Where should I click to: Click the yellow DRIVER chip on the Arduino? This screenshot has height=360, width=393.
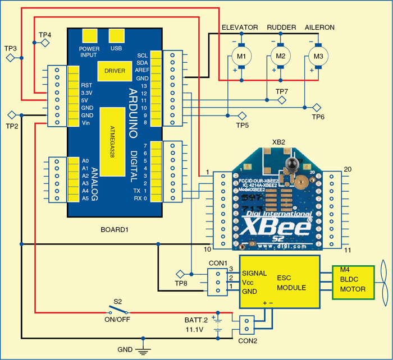(x=115, y=71)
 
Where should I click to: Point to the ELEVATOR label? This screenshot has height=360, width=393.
(x=240, y=27)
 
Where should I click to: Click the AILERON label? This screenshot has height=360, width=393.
(x=319, y=27)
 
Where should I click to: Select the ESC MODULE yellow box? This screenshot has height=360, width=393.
(x=280, y=281)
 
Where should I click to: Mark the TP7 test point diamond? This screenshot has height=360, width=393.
(x=282, y=100)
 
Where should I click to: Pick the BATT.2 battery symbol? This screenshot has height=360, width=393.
(x=218, y=325)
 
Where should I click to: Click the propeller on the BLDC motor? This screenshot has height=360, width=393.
(x=383, y=281)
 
